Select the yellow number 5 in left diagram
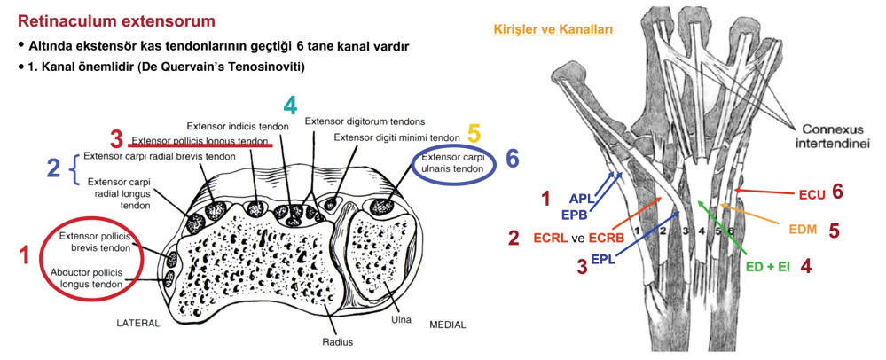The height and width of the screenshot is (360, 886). [474, 134]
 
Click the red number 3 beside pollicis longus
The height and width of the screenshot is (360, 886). [117, 139]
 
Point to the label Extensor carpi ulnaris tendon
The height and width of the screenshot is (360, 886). [453, 163]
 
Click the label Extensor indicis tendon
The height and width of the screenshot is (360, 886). [239, 127]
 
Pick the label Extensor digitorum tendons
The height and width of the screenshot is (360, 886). [365, 121]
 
